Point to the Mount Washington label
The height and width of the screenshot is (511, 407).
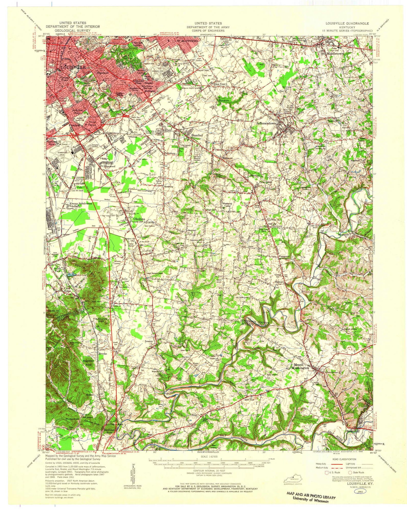coord(301,366)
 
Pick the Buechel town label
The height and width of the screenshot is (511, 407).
coord(197,135)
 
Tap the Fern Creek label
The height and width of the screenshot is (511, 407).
coord(264,182)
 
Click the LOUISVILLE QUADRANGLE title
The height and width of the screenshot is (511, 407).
coord(347,23)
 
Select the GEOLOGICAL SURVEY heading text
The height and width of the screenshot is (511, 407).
coord(73,30)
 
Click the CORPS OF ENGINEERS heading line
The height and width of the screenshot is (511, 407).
coord(208,30)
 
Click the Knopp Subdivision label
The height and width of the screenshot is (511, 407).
coord(81,203)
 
